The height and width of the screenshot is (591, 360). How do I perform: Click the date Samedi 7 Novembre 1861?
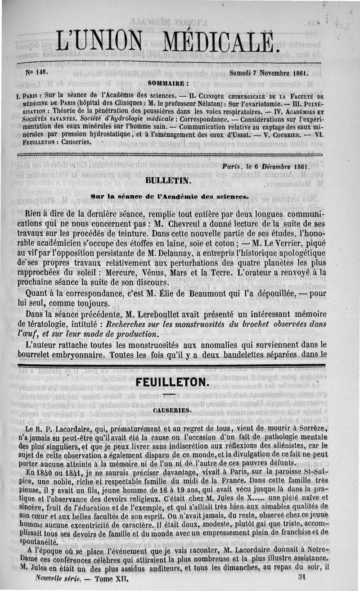coord(268,72)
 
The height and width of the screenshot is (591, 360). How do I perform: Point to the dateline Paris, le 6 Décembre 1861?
coord(266,166)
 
